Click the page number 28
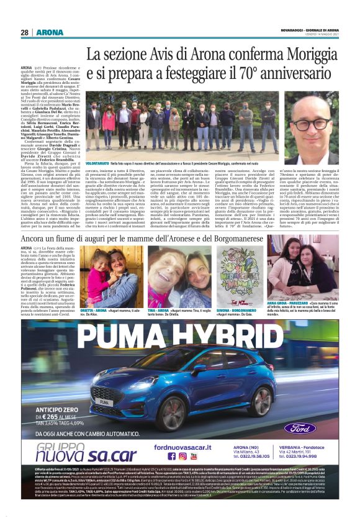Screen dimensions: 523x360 24,32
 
